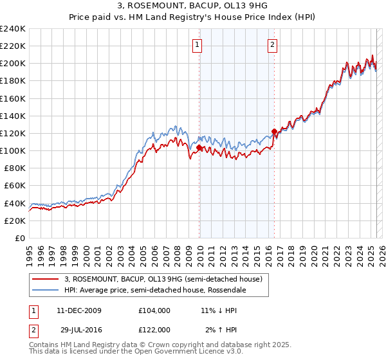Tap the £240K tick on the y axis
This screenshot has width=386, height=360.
click(13, 29)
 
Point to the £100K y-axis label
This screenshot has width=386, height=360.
click(13, 150)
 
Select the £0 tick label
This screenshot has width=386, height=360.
click(20, 238)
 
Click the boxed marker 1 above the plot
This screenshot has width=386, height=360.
click(196, 45)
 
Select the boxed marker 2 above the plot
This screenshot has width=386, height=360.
click(273, 45)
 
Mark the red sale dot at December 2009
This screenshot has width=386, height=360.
click(199, 147)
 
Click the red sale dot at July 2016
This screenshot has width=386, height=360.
click(274, 132)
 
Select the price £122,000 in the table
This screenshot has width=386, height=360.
click(154, 329)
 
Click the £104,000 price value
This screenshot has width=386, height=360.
click(154, 310)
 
